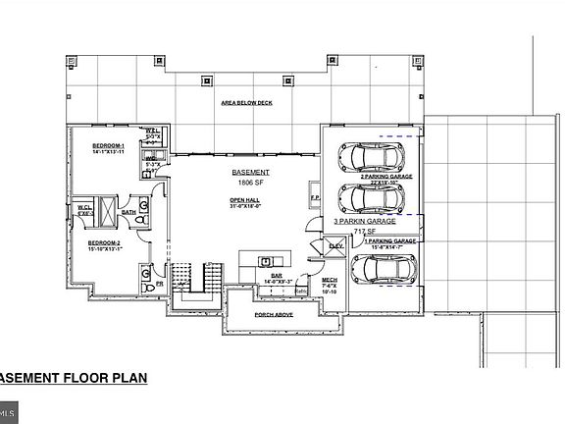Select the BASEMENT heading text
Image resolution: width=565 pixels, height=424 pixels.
tap(250, 173)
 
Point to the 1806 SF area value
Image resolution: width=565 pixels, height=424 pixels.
tap(250, 183)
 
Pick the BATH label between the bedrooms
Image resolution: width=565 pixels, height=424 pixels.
tap(128, 211)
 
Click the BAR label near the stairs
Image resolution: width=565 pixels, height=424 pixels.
tap(264, 276)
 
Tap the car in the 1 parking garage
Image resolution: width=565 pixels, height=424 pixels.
tap(381, 269)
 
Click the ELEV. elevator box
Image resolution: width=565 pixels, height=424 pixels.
tap(335, 245)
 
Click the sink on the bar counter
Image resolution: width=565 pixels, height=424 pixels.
tap(266, 260)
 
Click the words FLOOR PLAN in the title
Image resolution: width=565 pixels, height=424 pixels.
tap(103, 378)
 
